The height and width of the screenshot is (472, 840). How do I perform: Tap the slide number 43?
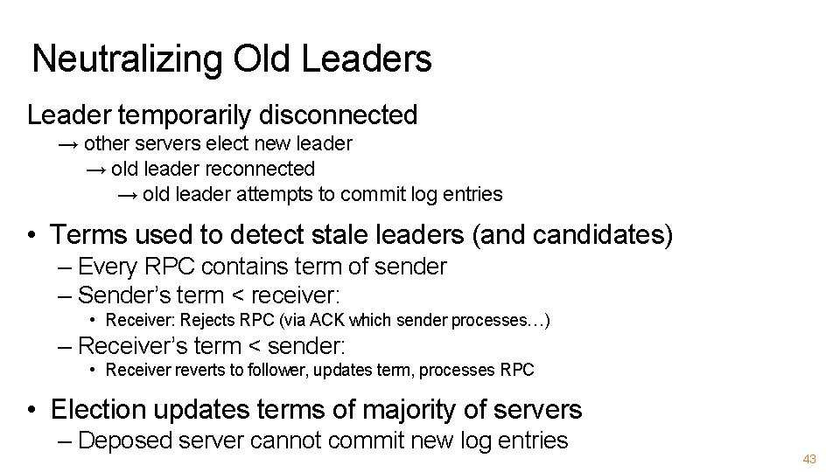point(808,459)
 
